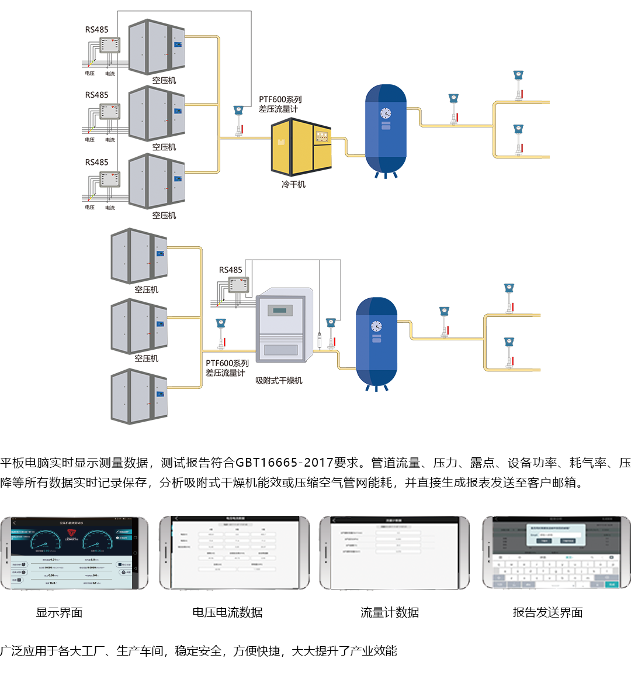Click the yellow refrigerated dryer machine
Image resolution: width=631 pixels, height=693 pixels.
[x=301, y=147]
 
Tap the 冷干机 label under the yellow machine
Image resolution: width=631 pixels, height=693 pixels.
[x=293, y=184]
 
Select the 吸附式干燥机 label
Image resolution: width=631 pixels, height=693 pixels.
[x=279, y=381]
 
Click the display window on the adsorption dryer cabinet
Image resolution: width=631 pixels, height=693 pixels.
[x=280, y=311]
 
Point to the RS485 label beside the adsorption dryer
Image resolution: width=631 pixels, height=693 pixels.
[x=230, y=270]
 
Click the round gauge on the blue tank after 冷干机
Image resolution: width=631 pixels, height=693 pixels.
[x=386, y=113]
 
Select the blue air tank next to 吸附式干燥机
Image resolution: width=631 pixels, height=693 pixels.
[x=377, y=342]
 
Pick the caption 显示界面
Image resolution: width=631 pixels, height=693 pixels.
[x=60, y=612]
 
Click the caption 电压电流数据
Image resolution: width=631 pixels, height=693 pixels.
[x=227, y=612]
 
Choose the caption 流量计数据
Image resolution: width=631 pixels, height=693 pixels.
[x=390, y=612]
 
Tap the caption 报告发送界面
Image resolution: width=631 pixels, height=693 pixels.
[x=547, y=612]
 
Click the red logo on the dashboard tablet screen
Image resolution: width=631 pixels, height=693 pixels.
[x=71, y=533]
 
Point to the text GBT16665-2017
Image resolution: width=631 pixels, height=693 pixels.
[x=284, y=463]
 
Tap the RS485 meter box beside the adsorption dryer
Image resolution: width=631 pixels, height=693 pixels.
[x=238, y=285]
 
